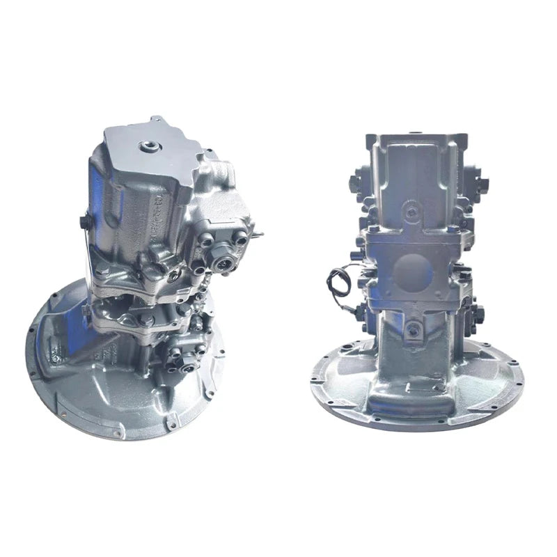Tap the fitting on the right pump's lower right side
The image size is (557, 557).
point(476,313)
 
